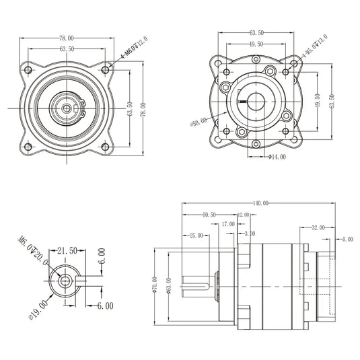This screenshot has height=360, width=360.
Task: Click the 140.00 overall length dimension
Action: tap(260, 203)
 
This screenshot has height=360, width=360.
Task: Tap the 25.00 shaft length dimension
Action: tap(196, 236)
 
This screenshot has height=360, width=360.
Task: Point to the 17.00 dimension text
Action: tap(227, 223)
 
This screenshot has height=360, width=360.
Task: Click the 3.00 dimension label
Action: tap(250, 233)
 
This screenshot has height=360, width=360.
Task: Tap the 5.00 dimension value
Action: tap(347, 239)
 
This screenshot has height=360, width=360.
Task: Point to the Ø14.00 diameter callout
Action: tap(277, 157)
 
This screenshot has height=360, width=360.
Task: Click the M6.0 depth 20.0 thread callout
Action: tap(32, 250)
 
